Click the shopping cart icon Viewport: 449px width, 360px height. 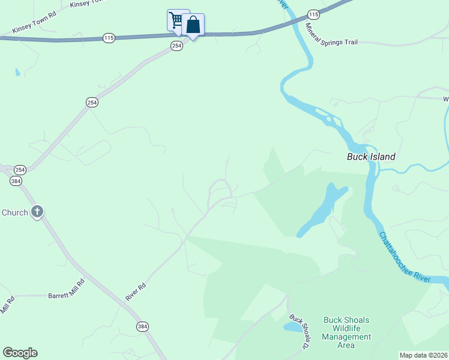pos(175,20)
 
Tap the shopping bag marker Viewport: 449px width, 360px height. pos(193,25)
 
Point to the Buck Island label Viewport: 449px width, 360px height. pos(371,157)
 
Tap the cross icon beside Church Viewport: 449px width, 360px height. pos(37,212)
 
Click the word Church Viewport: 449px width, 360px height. pos(14,212)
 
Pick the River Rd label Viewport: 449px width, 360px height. pos(136,292)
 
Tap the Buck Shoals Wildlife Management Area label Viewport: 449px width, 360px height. pos(346,332)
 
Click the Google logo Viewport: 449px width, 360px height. pos(20,353)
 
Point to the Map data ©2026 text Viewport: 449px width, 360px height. pos(423,355)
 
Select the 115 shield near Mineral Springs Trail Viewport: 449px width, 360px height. pos(313,14)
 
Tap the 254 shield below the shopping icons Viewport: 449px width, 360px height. pos(176,46)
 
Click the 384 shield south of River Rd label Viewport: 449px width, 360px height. pos(142,326)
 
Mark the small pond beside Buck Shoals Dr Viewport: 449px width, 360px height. pos(293,326)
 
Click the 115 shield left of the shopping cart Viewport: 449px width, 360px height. pos(108,38)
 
